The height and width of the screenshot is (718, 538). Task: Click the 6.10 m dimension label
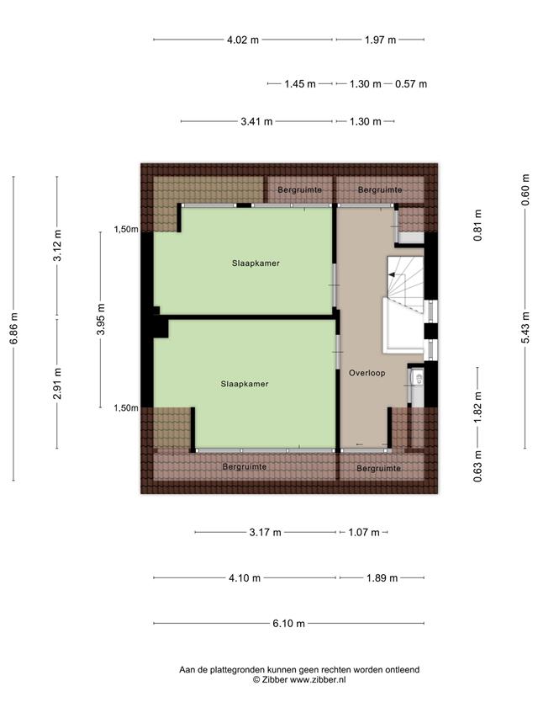tap(288, 623)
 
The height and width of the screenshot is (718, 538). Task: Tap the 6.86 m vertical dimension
tap(13, 328)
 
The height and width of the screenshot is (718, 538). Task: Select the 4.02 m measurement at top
tap(243, 40)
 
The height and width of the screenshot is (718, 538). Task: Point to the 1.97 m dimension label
tap(380, 40)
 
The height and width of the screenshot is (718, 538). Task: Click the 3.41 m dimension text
tap(256, 121)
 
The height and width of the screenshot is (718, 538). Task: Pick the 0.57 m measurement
tap(411, 84)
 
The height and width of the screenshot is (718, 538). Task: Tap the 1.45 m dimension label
tap(300, 84)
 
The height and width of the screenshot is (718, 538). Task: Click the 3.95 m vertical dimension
tap(101, 319)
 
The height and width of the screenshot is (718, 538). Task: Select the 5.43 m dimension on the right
tap(525, 327)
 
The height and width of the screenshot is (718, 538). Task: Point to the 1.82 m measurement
tap(478, 407)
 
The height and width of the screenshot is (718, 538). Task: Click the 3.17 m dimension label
tap(266, 532)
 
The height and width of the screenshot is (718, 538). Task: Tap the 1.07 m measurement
tap(364, 532)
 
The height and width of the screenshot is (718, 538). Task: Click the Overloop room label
tap(367, 373)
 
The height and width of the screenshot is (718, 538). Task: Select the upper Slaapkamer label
tap(256, 263)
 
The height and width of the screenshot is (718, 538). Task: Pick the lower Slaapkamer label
tap(245, 384)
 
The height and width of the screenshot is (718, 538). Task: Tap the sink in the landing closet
tap(417, 378)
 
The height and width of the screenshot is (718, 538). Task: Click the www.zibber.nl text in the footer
tap(318, 680)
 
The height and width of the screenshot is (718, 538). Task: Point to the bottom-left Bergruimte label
tap(245, 466)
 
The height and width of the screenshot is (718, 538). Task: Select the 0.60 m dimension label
tap(525, 189)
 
